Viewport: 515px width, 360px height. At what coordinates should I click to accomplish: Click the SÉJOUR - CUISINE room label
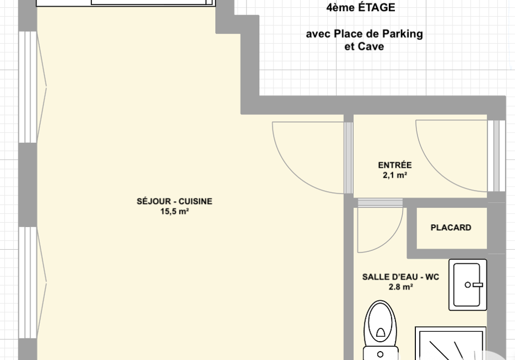point(174,201)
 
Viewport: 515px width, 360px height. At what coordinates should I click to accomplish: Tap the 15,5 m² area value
point(174,211)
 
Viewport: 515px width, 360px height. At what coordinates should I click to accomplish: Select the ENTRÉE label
point(395,165)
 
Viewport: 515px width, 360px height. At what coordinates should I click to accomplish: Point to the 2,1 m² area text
point(395,175)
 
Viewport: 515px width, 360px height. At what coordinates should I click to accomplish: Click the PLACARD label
point(451,227)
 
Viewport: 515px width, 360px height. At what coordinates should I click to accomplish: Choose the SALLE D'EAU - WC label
point(401,277)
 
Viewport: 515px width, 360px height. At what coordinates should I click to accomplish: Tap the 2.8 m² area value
point(401,287)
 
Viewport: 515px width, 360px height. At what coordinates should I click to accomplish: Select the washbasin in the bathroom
point(468,285)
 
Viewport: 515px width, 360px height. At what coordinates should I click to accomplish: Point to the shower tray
point(451,343)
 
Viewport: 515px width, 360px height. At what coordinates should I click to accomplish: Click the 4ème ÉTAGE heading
point(360,7)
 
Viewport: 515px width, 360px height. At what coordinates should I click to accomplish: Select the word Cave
point(373,47)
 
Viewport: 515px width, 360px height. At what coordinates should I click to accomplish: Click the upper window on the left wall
point(28,87)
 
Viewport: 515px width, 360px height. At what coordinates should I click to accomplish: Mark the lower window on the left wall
point(28,282)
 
